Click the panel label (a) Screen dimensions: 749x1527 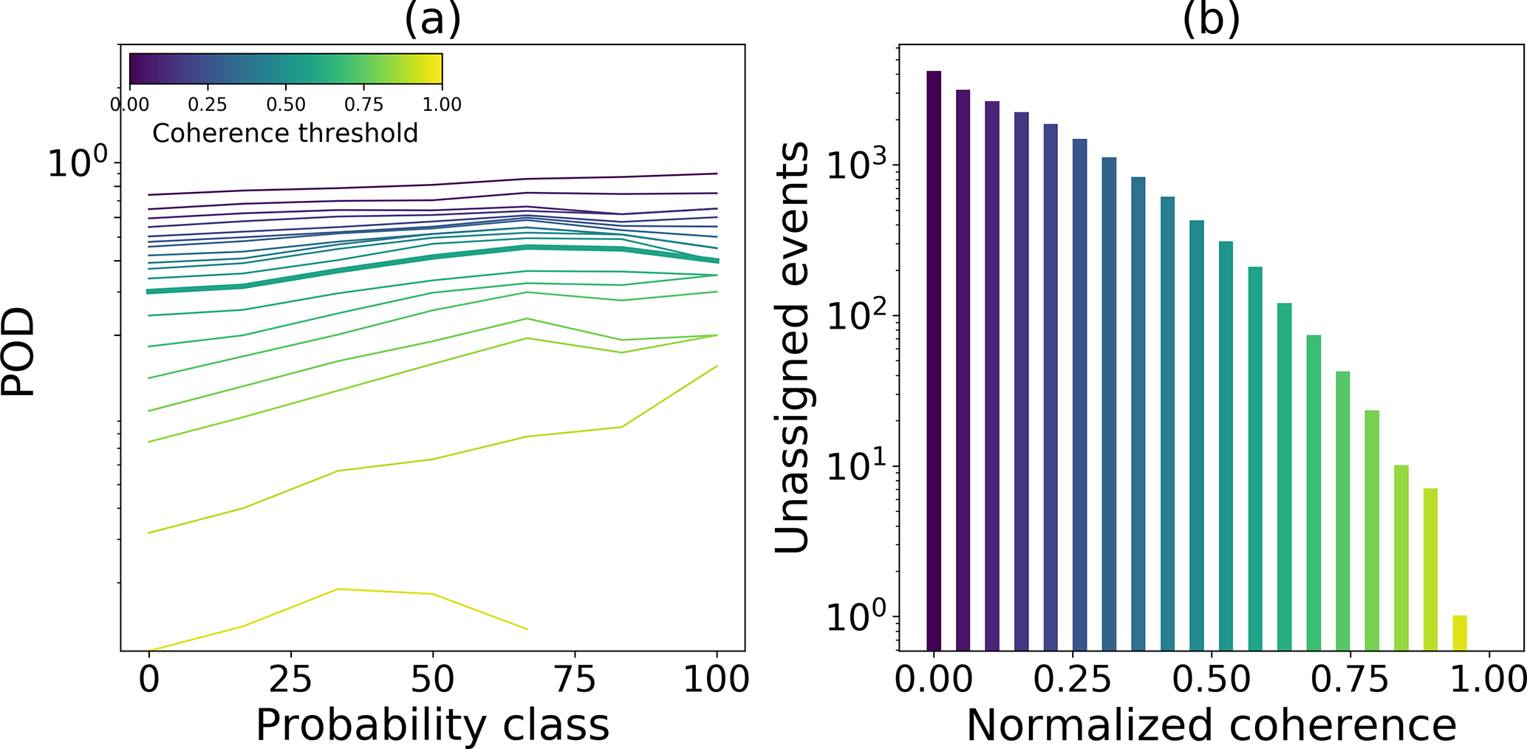coord(432,19)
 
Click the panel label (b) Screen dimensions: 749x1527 coord(1211,19)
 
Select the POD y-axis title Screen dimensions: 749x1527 coord(18,352)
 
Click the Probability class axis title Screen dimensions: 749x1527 coord(432,725)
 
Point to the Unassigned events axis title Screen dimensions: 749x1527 coord(792,347)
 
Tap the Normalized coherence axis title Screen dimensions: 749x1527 coord(1211,725)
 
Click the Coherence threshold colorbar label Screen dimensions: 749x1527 coord(285,133)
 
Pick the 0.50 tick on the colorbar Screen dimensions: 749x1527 coord(286,105)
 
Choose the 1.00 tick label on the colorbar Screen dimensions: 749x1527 coord(442,105)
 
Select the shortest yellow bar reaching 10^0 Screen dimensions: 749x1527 coord(1460,632)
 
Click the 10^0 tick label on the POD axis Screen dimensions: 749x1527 coord(77,163)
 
